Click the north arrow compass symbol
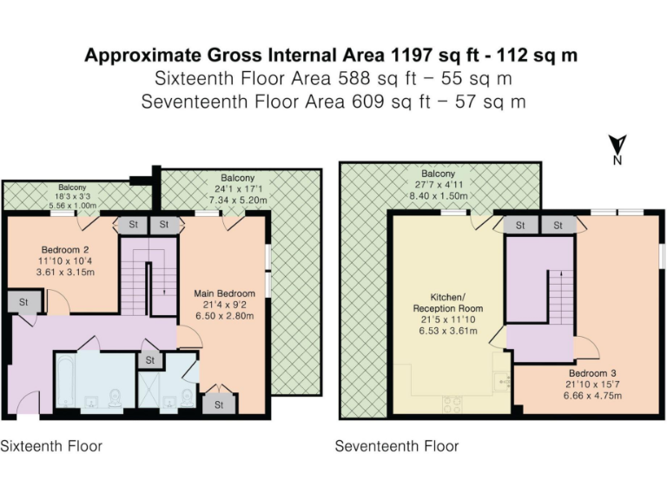(x=617, y=148)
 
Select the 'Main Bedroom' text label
(x=224, y=293)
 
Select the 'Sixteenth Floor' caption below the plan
(x=51, y=446)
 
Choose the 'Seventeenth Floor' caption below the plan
(x=397, y=446)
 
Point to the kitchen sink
(x=501, y=379)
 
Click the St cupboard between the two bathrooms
(x=150, y=359)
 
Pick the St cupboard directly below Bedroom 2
(x=19, y=301)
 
